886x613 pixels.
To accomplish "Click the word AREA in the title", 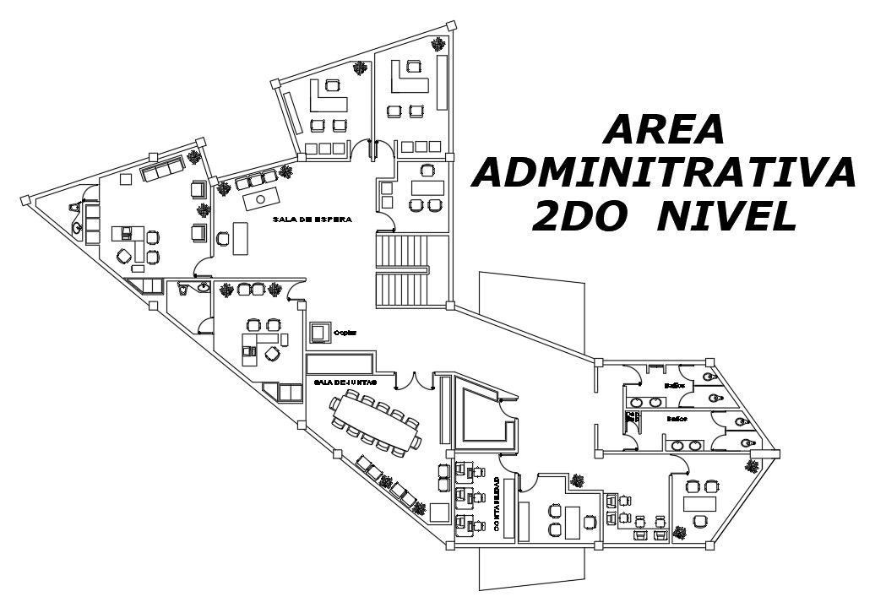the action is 666,129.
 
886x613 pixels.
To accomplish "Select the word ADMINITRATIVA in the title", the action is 666,173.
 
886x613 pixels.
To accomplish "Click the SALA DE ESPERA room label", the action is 312,219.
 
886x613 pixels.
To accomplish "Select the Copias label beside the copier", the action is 345,333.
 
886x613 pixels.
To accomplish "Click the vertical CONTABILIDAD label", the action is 497,505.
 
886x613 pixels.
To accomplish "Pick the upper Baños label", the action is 673,385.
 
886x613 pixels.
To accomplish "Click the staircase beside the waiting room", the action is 402,270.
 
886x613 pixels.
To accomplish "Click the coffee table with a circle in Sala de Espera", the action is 261,199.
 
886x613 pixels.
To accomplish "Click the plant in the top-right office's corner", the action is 438,44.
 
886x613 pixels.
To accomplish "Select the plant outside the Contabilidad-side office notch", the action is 578,480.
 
